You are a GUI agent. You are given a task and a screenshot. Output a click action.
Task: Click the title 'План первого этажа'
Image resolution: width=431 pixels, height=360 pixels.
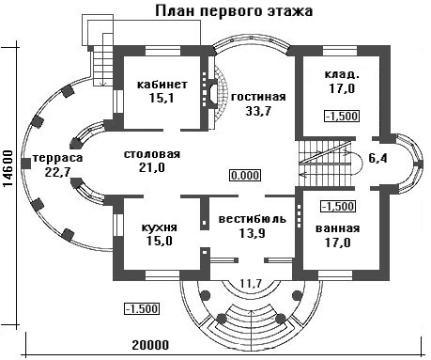[234, 11]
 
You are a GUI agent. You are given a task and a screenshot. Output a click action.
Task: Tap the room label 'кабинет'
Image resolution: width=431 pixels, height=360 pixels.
[162, 85]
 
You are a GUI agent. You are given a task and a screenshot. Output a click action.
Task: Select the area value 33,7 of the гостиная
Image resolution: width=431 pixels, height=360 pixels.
[258, 111]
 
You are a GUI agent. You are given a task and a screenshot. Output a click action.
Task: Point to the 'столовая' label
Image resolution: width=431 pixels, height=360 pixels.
[152, 154]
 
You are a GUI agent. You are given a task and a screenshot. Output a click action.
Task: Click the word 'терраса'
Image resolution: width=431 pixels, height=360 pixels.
[57, 158]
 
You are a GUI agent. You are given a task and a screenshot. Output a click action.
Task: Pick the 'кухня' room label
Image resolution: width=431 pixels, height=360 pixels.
[160, 227]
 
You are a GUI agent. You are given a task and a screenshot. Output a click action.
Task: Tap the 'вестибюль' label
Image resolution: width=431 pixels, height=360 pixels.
[253, 219]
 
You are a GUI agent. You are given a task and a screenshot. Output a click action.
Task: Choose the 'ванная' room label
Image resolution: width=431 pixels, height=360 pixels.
[338, 228]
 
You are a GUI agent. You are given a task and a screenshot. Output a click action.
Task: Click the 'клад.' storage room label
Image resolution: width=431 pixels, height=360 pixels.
[342, 75]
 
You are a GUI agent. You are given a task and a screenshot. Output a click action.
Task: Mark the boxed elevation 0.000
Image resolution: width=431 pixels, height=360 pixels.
[246, 175]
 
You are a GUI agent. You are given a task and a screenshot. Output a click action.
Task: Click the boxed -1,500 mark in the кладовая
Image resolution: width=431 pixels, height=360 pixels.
[342, 117]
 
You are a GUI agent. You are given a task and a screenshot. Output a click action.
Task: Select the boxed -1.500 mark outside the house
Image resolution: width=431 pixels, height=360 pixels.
[142, 308]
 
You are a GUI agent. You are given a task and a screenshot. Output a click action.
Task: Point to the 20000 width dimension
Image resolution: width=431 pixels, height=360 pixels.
[150, 345]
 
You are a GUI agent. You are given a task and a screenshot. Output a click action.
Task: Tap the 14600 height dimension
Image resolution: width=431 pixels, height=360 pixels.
[8, 169]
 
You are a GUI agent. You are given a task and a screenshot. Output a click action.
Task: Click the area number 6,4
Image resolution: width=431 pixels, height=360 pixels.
[377, 158]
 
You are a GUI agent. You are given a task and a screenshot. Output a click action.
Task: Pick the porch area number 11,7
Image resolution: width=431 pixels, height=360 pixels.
[251, 283]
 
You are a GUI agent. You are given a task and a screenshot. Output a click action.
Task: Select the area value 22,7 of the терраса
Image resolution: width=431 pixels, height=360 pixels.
[57, 172]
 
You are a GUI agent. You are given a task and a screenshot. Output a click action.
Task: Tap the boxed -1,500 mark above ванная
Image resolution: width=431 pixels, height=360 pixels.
[339, 207]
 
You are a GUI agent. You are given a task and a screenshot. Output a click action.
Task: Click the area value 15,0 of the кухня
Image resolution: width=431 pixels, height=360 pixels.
[160, 242]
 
